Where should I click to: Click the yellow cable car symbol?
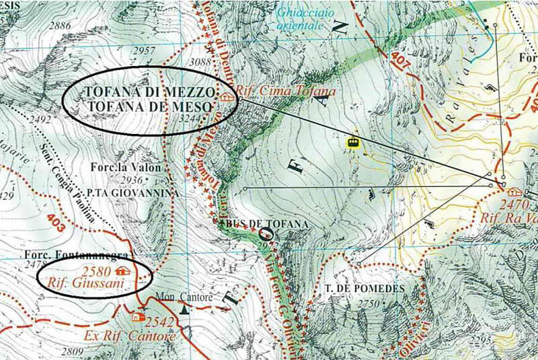[x=350, y=141]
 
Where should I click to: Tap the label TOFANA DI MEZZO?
[x=149, y=92]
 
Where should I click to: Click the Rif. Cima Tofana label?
[x=276, y=91]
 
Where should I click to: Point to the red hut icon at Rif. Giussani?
[x=122, y=271]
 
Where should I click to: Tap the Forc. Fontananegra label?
[x=67, y=256]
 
